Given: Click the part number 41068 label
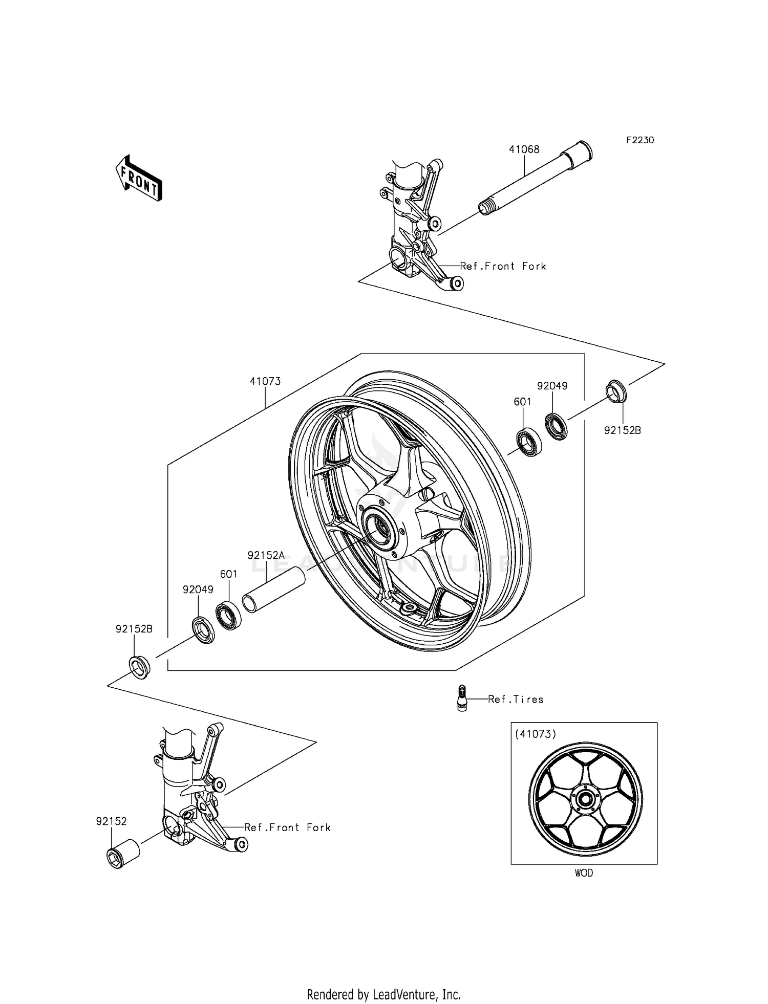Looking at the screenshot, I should pos(524,149).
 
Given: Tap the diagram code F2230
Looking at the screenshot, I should pos(640,140).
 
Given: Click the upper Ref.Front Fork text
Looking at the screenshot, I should pos(503,266).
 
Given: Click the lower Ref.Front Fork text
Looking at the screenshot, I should pos(287,827).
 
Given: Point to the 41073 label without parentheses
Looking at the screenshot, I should pos(265,381).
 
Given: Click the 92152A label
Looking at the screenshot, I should pos(266,555).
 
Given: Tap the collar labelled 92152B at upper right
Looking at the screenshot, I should pos(616,391).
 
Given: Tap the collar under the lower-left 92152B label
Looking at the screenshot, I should pos(139,667).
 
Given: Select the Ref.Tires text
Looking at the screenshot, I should pos(516,700).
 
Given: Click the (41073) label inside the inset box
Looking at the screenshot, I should pos(536,734).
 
